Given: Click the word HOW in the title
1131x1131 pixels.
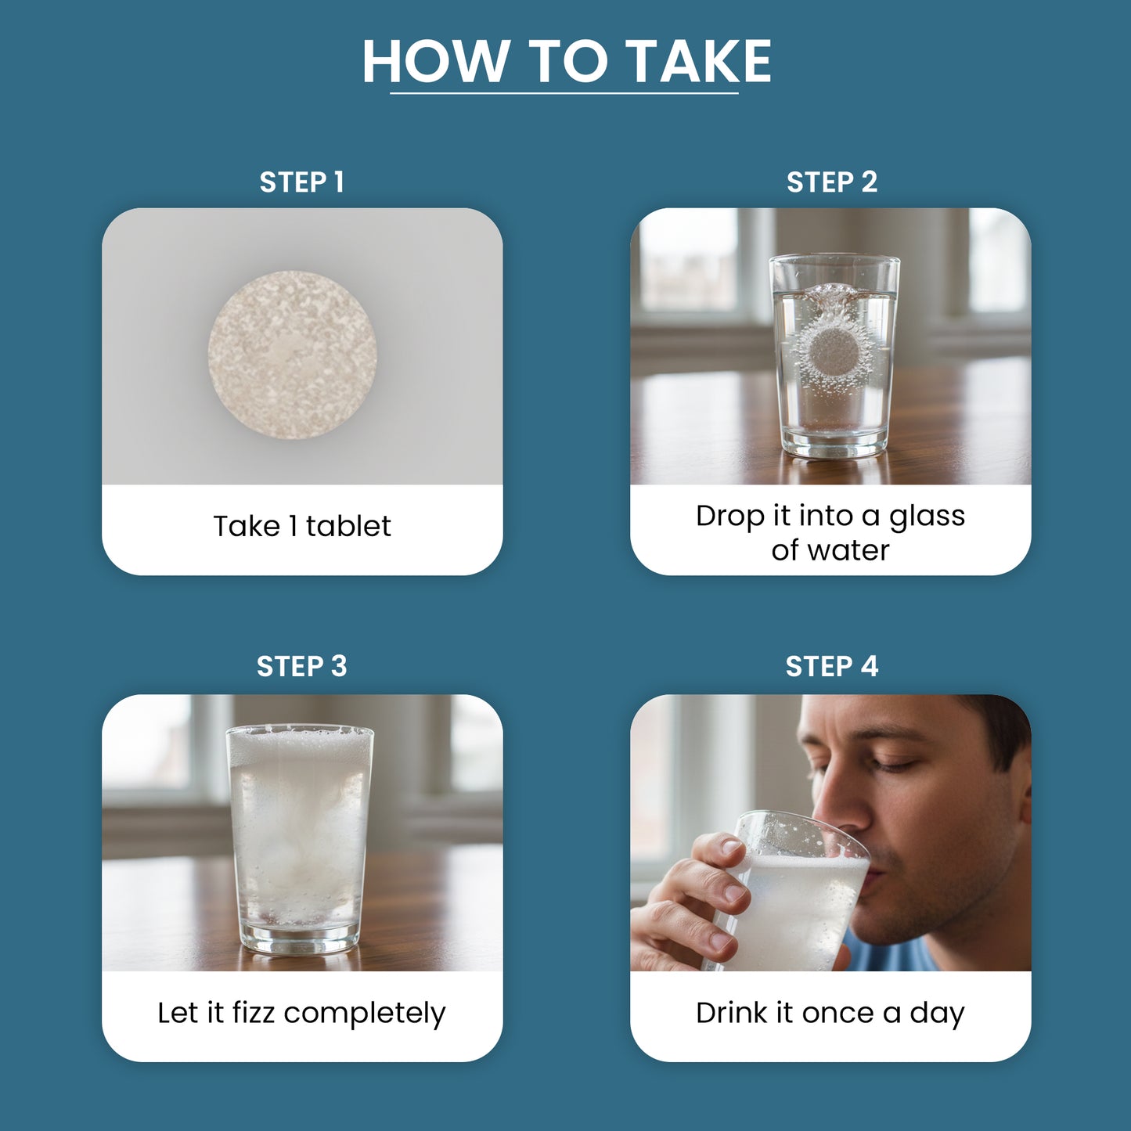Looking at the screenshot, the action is tap(435, 62).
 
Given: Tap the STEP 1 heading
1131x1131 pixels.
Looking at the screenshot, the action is tap(301, 182).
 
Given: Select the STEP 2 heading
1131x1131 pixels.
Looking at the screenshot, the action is tap(832, 182).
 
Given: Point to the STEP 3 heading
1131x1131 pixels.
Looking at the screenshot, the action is tap(301, 666).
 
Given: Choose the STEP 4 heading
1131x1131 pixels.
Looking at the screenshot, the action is tap(832, 666).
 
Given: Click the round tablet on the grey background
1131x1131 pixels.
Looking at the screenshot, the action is tap(292, 355).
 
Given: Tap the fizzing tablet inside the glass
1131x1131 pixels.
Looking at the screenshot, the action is tap(834, 353).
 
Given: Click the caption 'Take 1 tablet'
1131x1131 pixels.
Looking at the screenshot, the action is tap(301, 526).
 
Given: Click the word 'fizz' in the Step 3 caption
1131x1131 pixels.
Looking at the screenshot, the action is tap(253, 1013).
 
